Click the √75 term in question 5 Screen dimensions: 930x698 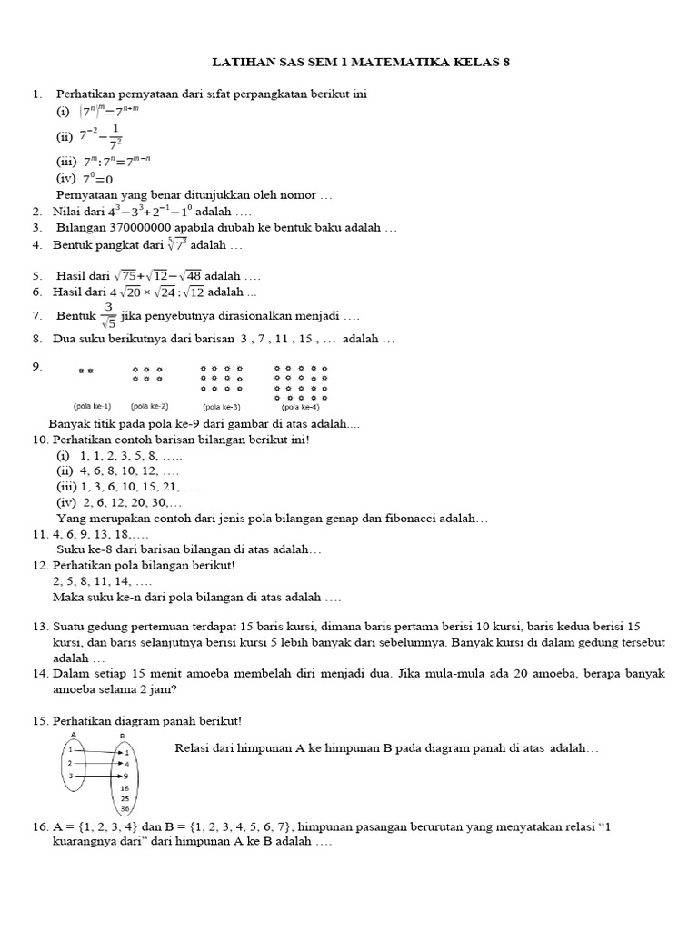pos(125,275)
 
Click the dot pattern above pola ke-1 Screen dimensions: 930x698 pos(86,371)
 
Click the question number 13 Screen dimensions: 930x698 pos(40,628)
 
